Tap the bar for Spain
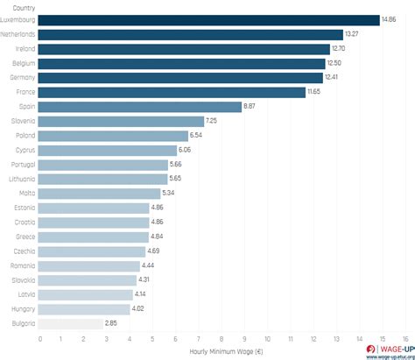click(x=141, y=107)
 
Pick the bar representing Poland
click(x=114, y=136)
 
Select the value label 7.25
click(x=211, y=121)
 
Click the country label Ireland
click(x=25, y=49)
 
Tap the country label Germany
click(x=22, y=78)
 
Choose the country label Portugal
click(x=23, y=165)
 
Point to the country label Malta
click(x=26, y=194)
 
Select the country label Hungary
click(x=23, y=309)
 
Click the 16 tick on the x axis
click(x=405, y=339)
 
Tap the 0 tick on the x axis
click(x=40, y=339)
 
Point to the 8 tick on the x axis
click(x=222, y=339)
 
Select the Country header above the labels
click(x=25, y=7)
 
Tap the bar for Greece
click(x=95, y=236)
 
